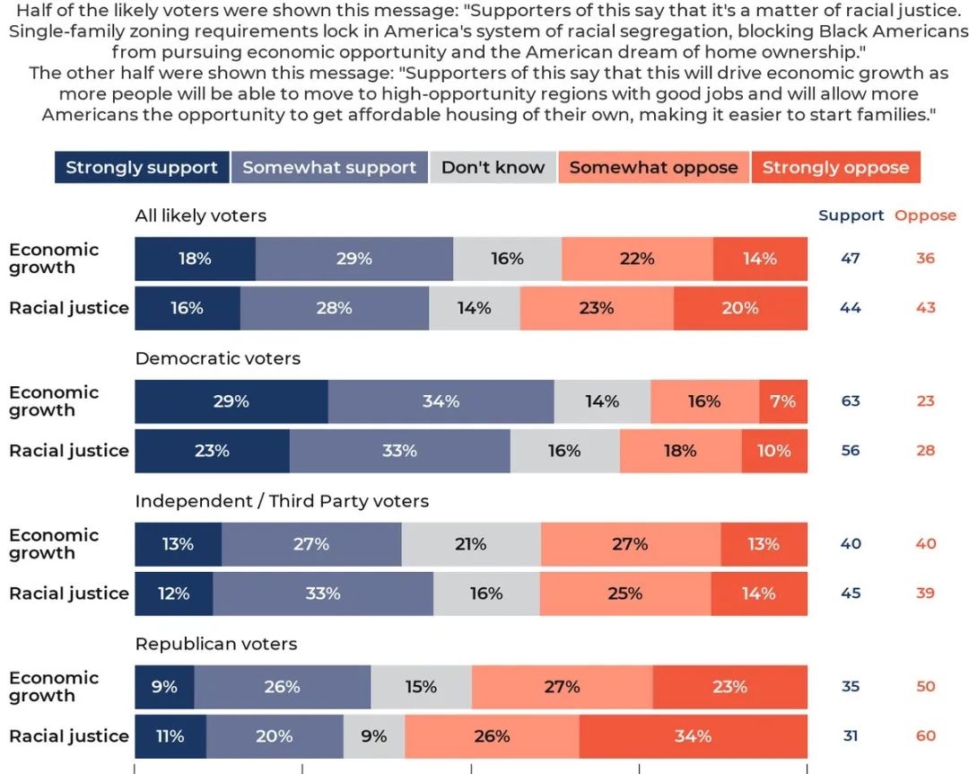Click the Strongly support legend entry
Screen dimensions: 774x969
click(x=142, y=168)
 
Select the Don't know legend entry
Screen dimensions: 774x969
click(x=493, y=168)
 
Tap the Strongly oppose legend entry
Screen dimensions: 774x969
click(x=835, y=168)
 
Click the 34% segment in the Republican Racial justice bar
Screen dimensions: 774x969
click(x=693, y=736)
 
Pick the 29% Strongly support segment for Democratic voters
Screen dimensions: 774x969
click(x=231, y=401)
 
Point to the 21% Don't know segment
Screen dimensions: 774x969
click(x=470, y=544)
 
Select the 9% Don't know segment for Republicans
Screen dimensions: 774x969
click(x=373, y=736)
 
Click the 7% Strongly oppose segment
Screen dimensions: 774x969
click(x=782, y=401)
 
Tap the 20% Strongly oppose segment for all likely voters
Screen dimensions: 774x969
click(x=740, y=308)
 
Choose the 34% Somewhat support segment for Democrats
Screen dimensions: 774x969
click(x=441, y=401)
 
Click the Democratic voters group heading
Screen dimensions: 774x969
click(x=218, y=358)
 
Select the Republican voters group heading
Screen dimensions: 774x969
click(x=216, y=644)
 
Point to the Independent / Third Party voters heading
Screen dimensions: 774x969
click(x=282, y=501)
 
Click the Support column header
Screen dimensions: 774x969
click(x=851, y=215)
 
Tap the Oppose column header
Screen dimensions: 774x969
click(x=925, y=215)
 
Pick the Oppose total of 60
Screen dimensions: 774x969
click(x=926, y=736)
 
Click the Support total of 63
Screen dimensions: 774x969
click(x=851, y=401)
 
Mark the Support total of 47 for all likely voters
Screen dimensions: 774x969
click(x=851, y=259)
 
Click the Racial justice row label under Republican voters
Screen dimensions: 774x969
click(x=69, y=736)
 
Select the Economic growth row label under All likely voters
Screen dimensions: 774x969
click(x=54, y=259)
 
